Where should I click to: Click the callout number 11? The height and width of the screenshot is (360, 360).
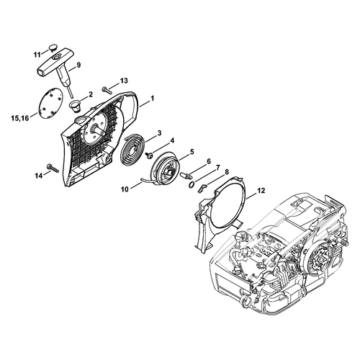click(37, 55)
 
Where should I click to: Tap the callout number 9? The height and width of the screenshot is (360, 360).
click(78, 65)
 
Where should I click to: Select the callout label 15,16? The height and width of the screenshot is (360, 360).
click(19, 118)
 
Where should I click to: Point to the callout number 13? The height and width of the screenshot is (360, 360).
click(124, 81)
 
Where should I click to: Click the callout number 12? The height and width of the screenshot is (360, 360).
click(261, 191)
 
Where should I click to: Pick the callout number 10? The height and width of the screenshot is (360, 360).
click(125, 189)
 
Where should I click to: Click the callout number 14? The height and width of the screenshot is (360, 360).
click(38, 176)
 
